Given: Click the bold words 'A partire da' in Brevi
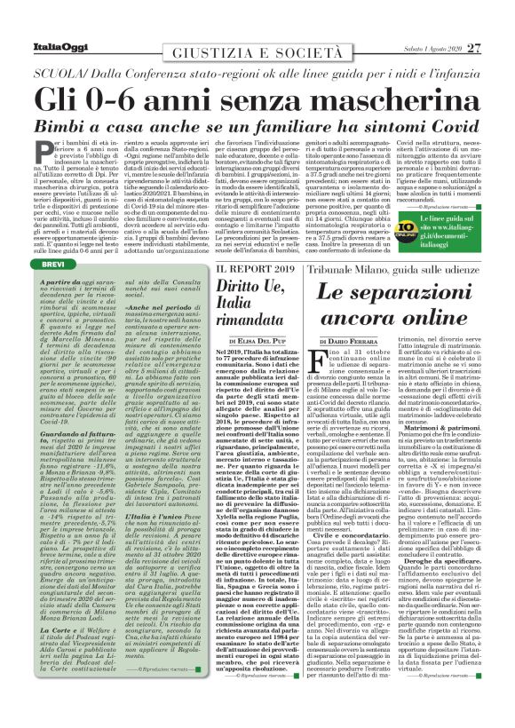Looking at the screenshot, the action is [62, 281].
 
